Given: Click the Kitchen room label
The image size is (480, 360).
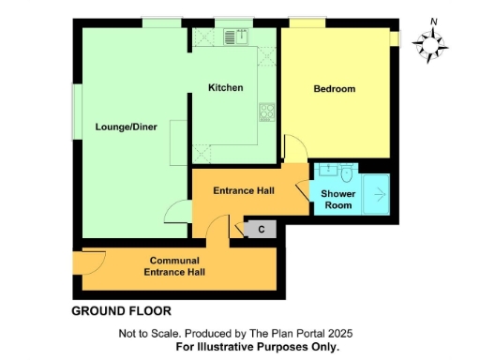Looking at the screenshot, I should click(226, 88).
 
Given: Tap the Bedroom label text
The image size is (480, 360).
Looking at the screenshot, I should click(335, 89).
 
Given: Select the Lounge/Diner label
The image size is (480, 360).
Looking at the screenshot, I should click(126, 127).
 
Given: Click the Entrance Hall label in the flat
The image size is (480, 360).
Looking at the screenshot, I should click(243, 191).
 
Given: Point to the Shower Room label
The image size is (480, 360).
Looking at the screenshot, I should click(337, 199).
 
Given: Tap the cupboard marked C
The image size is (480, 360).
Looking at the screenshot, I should click(262, 229).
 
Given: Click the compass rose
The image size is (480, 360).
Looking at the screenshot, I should click(432, 42).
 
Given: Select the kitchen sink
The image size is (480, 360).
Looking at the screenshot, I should click(235, 37).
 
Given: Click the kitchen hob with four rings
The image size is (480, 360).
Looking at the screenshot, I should click(265, 112).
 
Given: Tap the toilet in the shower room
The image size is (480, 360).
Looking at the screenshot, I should click(348, 173).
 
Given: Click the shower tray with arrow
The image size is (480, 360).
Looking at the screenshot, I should click(378, 195).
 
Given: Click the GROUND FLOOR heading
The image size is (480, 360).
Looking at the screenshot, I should click(122, 310).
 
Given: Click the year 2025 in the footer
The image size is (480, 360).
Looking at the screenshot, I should click(338, 334).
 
